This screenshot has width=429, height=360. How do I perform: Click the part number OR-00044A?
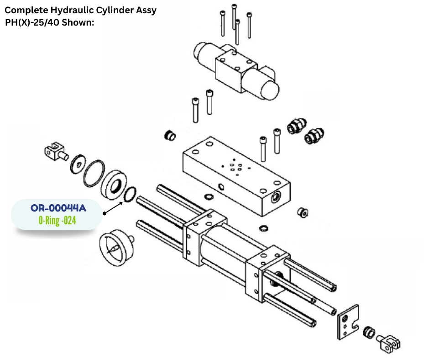pyautogui.click(x=58, y=208)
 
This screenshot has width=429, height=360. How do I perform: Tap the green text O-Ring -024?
pyautogui.click(x=57, y=221)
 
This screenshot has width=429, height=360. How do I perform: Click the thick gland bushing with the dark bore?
pyautogui.click(x=113, y=183)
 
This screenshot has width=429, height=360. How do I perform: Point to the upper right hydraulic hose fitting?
pyautogui.click(x=297, y=125)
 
